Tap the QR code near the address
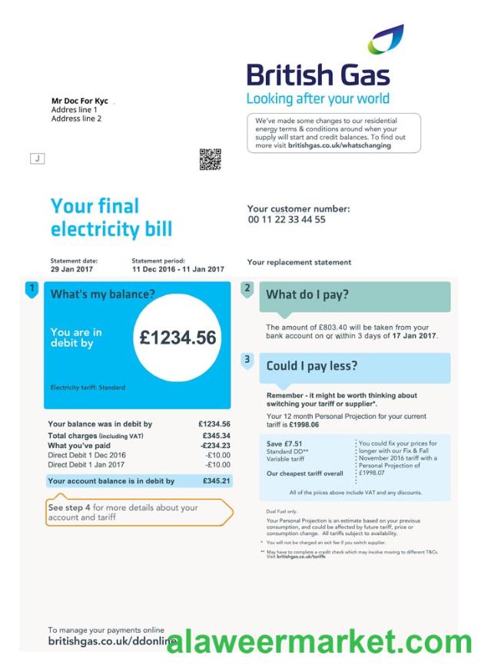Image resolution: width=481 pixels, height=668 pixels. point(210,159)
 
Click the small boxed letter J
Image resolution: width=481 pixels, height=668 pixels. point(37,158)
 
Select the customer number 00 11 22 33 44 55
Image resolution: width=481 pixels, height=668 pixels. point(287,220)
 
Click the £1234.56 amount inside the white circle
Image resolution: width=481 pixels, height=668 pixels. point(178,338)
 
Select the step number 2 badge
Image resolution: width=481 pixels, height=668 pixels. point(247,289)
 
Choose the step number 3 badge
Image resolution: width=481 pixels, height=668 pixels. point(247,359)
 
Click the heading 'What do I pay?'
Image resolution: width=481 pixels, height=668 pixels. point(307,294)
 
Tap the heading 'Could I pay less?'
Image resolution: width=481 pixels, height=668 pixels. point(311,366)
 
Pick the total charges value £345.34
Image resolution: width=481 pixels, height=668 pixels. point(214,435)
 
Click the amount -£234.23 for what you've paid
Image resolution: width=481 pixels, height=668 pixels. point(215,445)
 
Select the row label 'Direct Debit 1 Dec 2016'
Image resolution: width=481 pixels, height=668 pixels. point(86,455)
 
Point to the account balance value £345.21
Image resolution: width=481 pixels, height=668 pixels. point(215,481)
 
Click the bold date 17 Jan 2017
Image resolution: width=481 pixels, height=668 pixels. point(414,336)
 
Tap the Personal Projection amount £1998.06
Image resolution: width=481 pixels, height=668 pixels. point(304,424)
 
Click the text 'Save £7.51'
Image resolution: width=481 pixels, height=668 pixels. point(280,444)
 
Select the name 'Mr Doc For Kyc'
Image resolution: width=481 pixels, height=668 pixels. point(79,101)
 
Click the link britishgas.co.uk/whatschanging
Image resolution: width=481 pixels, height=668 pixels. point(339,145)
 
